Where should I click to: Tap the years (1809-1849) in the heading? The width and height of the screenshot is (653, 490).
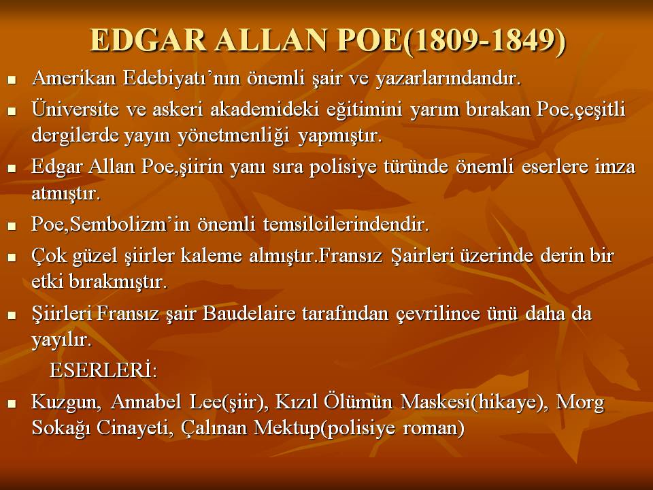coord(484,42)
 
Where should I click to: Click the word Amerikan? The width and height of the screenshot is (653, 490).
coord(73,78)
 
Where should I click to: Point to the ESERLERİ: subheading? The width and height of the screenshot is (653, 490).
coord(103,370)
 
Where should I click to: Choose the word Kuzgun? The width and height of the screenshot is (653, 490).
coord(66,402)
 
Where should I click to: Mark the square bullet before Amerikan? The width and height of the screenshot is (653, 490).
coord(12,79)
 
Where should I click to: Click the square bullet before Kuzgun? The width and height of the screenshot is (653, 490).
coord(12,403)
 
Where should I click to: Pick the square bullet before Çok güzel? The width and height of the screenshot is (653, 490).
coord(12,257)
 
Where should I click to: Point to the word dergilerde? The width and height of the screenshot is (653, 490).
coord(75,136)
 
